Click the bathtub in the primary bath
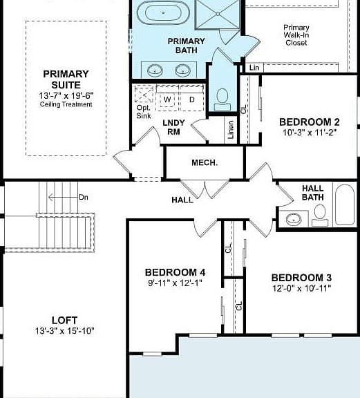pos(163,12)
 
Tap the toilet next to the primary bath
pos(222,99)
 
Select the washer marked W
pos(167,99)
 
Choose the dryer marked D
pos(192,99)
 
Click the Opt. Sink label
pos(144,112)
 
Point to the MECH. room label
pos(205,162)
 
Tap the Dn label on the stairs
pos(84,197)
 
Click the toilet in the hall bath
pos(320,216)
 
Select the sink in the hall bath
pos(294,219)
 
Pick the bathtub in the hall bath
pos(345,205)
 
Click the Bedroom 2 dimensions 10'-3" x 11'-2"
pos(310,133)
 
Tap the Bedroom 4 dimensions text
pos(176,283)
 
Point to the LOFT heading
pos(64,321)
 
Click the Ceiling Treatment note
pos(66,104)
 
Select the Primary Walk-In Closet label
pos(296,35)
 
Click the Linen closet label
pos(231,130)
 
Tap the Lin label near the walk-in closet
pos(254,68)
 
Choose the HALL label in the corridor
pos(182,200)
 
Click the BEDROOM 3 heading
pos(301,278)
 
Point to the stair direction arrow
pos(63,197)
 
